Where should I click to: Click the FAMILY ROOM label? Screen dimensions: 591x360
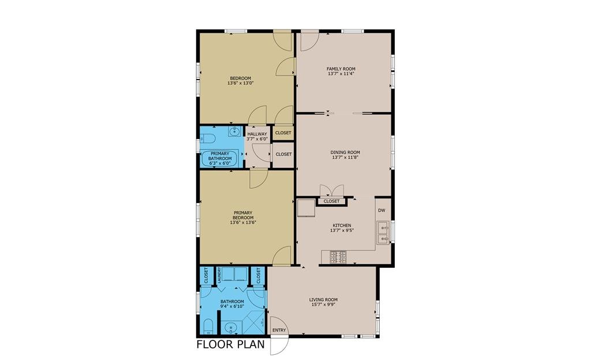(341, 69)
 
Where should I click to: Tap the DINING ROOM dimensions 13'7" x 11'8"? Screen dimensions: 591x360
(345, 157)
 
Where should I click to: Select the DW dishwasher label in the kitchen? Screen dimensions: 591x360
(381, 211)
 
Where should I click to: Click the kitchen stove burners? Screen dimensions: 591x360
(338, 257)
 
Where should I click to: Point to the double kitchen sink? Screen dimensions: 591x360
(383, 233)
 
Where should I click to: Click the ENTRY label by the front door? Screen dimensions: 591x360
(279, 330)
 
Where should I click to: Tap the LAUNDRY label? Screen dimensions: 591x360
(219, 275)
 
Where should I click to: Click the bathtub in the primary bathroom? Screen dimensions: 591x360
(220, 159)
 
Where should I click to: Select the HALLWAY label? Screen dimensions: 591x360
(257, 134)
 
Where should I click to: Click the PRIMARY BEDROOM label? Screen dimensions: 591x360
(243, 215)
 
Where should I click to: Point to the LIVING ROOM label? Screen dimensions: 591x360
(323, 300)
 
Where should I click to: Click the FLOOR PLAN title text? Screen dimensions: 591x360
(231, 344)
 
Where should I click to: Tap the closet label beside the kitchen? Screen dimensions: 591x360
(331, 201)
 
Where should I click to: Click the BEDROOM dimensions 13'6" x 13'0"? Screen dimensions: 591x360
(240, 83)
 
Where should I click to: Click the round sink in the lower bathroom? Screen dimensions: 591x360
(230, 328)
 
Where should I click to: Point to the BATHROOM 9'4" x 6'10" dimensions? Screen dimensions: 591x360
(232, 306)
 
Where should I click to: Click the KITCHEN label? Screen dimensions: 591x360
(342, 225)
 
